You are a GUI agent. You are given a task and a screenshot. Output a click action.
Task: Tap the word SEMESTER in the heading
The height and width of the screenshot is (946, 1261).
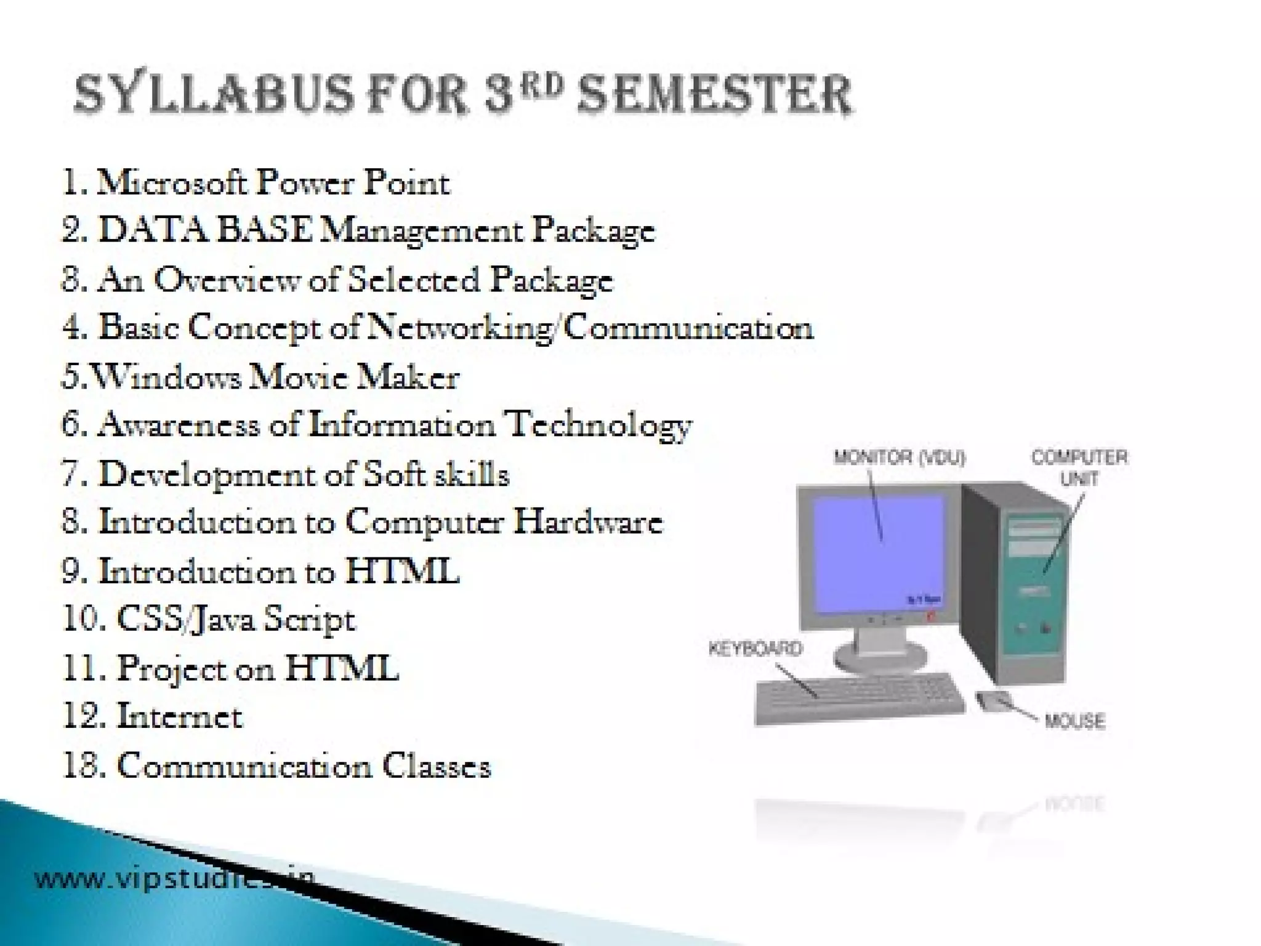click(x=714, y=95)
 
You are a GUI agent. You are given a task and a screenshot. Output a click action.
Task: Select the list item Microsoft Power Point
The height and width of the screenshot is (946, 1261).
click(x=256, y=183)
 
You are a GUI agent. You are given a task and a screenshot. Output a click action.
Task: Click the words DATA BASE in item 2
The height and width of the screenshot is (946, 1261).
click(x=206, y=231)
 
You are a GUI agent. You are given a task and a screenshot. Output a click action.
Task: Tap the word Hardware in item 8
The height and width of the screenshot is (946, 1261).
click(x=588, y=522)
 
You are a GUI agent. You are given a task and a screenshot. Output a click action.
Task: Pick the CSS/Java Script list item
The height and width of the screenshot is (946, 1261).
click(x=209, y=620)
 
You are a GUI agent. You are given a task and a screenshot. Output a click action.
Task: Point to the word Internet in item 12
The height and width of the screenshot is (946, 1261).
click(x=179, y=717)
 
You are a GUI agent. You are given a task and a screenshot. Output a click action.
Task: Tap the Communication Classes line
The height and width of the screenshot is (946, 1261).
click(x=277, y=766)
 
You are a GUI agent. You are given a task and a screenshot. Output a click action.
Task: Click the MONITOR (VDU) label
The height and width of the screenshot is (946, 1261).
click(x=900, y=458)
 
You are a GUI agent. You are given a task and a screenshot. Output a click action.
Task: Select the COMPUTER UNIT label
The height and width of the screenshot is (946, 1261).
click(x=1079, y=467)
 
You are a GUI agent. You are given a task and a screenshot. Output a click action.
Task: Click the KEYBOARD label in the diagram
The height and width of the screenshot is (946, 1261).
click(x=755, y=649)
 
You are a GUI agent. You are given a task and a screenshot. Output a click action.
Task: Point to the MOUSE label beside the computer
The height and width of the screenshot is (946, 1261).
click(x=1074, y=721)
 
